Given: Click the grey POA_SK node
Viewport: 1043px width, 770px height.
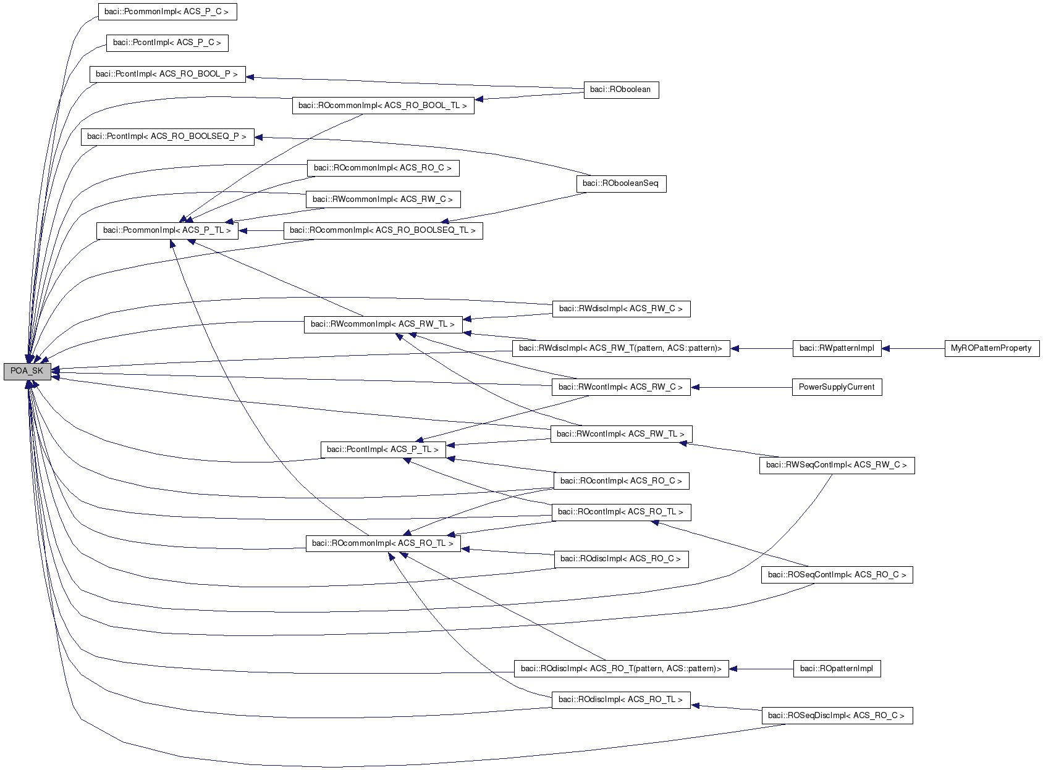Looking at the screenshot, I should pyautogui.click(x=27, y=371).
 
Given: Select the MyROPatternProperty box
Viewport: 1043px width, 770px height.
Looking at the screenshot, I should pyautogui.click(x=991, y=348).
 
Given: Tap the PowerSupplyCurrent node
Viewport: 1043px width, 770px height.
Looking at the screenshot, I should pyautogui.click(x=836, y=387).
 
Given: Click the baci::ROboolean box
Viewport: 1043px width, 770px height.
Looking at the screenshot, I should pyautogui.click(x=620, y=90).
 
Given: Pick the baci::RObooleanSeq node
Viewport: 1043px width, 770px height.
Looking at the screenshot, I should pyautogui.click(x=620, y=183).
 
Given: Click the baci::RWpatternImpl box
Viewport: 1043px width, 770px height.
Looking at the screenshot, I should pyautogui.click(x=836, y=348).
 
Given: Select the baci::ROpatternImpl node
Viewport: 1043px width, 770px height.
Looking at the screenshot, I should pyautogui.click(x=836, y=669).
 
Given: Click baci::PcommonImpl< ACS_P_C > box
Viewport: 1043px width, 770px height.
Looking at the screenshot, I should pyautogui.click(x=167, y=12).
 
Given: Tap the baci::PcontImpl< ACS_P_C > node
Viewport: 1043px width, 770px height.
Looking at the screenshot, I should pyautogui.click(x=167, y=43).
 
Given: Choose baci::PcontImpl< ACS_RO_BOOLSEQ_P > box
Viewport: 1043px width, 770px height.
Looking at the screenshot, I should pyautogui.click(x=167, y=136).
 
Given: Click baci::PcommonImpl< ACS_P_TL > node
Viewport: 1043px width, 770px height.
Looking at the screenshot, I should pyautogui.click(x=167, y=230).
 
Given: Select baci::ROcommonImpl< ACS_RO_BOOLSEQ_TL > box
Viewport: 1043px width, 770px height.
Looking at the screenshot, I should pyautogui.click(x=382, y=230).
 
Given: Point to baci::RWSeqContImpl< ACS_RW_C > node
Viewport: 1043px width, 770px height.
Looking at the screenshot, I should pyautogui.click(x=836, y=465).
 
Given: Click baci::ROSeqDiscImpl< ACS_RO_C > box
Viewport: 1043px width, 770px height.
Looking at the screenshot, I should pyautogui.click(x=836, y=716).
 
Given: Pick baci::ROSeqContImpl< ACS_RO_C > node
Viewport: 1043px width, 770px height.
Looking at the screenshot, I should pyautogui.click(x=836, y=575).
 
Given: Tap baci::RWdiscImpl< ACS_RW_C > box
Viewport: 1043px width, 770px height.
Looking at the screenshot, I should pyautogui.click(x=620, y=309).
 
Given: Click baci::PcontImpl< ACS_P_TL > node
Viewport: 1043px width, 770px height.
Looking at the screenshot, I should pyautogui.click(x=382, y=450).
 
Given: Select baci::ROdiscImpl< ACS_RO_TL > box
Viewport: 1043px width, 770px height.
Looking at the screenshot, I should pyautogui.click(x=620, y=700).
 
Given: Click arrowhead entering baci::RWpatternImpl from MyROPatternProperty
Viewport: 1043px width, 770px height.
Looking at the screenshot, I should pyautogui.click(x=885, y=348).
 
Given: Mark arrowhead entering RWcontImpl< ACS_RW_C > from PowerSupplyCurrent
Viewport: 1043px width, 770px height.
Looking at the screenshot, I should pyautogui.click(x=695, y=387).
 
